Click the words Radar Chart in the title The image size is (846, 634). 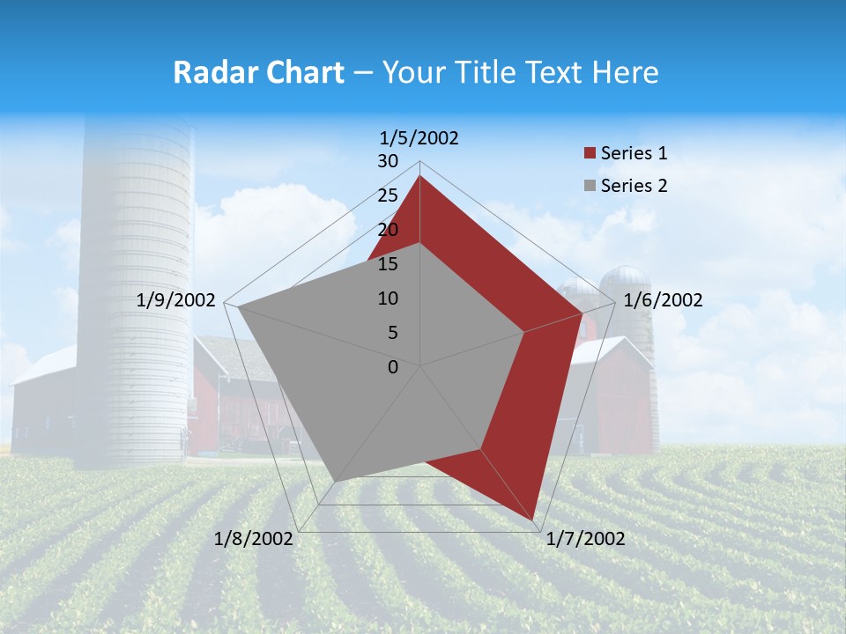click(258, 72)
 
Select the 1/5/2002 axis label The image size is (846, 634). click(419, 137)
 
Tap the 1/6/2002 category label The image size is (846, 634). click(663, 300)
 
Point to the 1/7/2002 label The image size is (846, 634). click(585, 539)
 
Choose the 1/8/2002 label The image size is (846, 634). click(253, 539)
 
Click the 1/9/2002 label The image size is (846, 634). click(176, 300)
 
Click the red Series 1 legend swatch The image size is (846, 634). click(590, 153)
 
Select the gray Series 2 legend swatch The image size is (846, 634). click(590, 186)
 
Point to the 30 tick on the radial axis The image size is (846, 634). click(388, 161)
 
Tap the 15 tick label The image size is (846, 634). click(388, 264)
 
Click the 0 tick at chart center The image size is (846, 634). click(393, 367)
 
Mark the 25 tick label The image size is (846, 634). click(388, 195)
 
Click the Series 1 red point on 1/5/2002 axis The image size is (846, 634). click(420, 176)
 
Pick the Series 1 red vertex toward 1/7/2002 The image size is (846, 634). click(534, 520)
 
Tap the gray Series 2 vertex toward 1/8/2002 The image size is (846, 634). click(335, 481)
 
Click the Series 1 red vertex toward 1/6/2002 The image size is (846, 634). click(583, 313)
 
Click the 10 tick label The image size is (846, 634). click(388, 299)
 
